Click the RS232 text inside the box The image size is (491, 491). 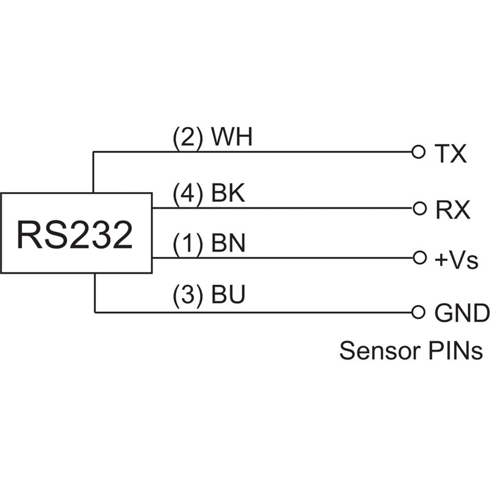(75, 234)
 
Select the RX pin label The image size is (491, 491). (452, 210)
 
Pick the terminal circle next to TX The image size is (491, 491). (419, 152)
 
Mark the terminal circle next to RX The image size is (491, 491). (419, 208)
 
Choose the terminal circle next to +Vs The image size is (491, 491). (419, 258)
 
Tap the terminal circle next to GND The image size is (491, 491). (419, 312)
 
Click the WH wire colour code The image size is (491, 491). (231, 138)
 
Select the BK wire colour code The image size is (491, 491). (228, 195)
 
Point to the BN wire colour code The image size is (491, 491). (228, 244)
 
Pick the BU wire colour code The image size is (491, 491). (228, 296)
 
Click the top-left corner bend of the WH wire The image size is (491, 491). (93, 152)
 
